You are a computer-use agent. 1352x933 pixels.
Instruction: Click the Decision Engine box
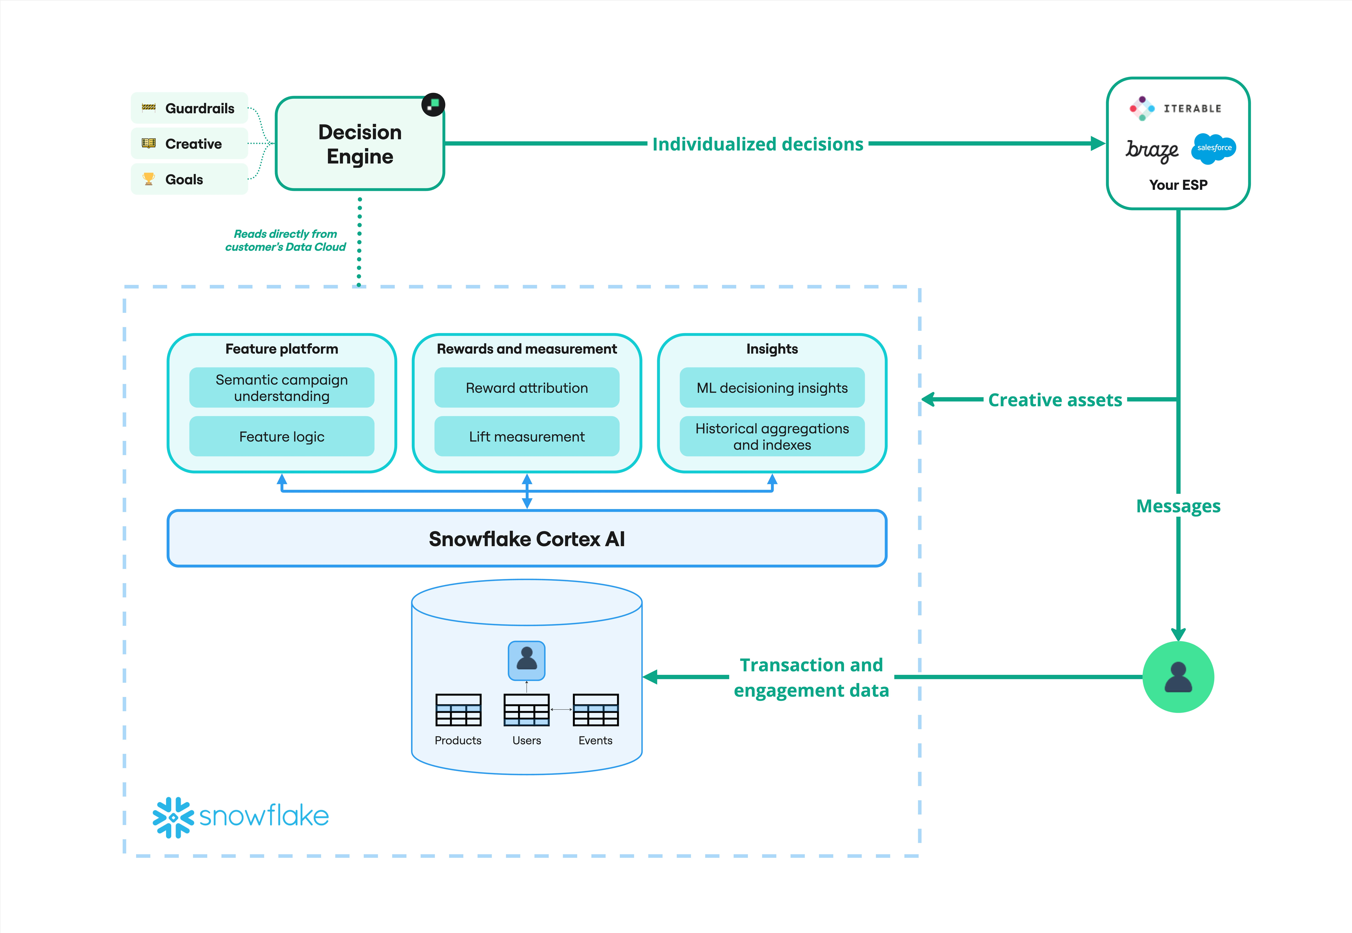(x=359, y=144)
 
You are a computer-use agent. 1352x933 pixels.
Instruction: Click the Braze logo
(x=1151, y=150)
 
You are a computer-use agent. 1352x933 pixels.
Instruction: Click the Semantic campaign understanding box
(x=282, y=388)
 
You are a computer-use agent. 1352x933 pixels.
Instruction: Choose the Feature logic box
(x=282, y=437)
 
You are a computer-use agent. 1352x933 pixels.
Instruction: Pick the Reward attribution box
(x=527, y=388)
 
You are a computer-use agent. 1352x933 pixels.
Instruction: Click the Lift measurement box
(x=527, y=437)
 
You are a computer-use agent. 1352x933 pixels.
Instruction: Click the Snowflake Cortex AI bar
(x=527, y=538)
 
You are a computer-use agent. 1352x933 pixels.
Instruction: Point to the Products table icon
(x=458, y=710)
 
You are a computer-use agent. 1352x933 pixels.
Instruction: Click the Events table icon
(x=596, y=710)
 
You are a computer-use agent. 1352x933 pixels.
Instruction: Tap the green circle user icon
(x=1178, y=677)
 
